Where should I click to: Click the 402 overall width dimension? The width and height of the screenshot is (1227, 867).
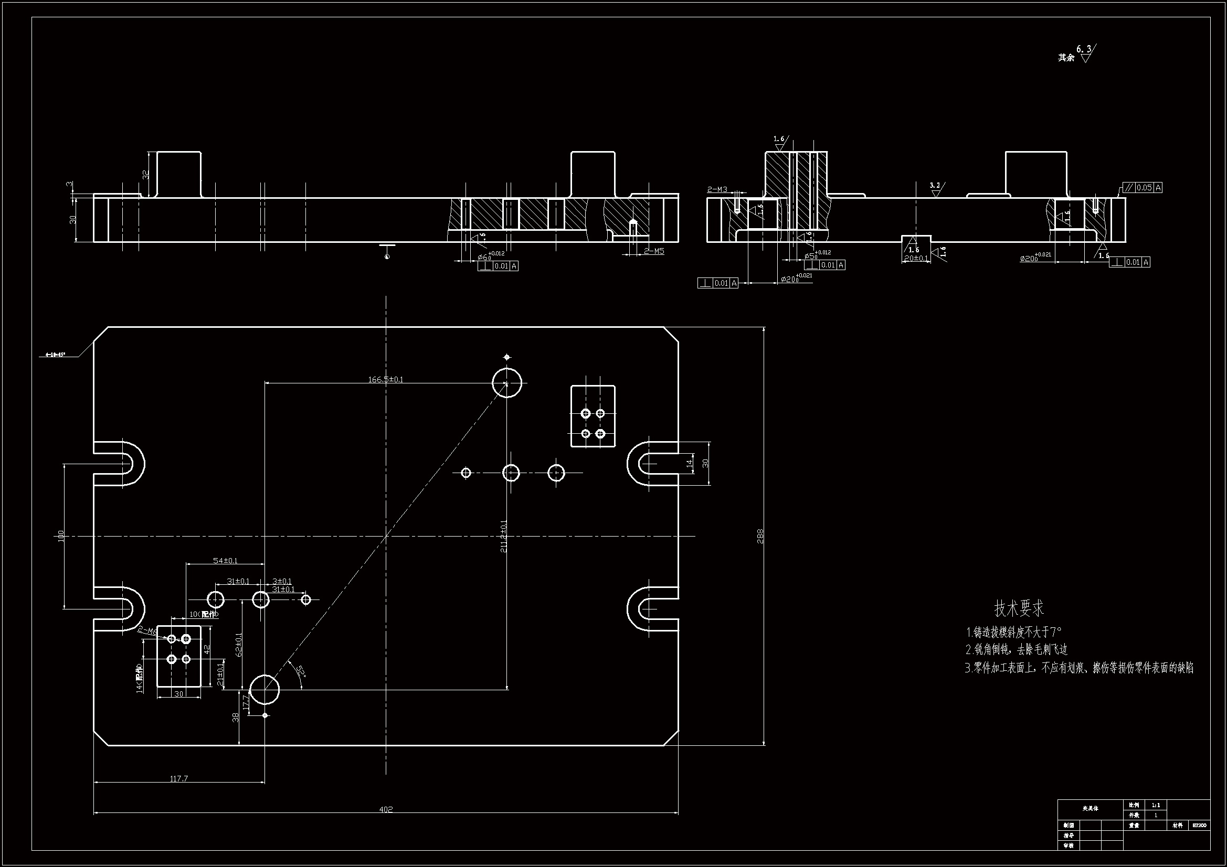pos(386,809)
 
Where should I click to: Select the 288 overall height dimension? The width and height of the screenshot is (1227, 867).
pos(760,536)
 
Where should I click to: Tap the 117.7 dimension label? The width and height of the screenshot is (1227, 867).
pos(179,779)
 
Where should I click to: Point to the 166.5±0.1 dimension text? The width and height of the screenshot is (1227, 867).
pos(385,380)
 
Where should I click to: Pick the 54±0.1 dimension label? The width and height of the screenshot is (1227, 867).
pos(225,560)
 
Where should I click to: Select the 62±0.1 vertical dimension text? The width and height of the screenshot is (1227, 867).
pos(239,644)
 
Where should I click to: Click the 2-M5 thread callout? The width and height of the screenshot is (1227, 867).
pos(653,251)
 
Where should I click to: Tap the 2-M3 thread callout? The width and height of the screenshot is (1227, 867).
pos(717,190)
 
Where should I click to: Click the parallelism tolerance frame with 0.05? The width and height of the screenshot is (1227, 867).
pos(1143,187)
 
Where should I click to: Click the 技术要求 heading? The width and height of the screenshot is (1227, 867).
pos(1018,608)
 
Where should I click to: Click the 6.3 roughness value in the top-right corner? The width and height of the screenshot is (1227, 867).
pos(1084,50)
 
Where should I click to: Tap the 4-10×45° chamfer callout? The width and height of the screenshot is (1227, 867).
pos(55,354)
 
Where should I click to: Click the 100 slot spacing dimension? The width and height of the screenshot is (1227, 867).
pos(60,536)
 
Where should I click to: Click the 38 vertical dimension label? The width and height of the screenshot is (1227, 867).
pos(236,717)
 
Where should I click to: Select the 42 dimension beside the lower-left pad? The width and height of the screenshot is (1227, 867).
pos(207,649)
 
